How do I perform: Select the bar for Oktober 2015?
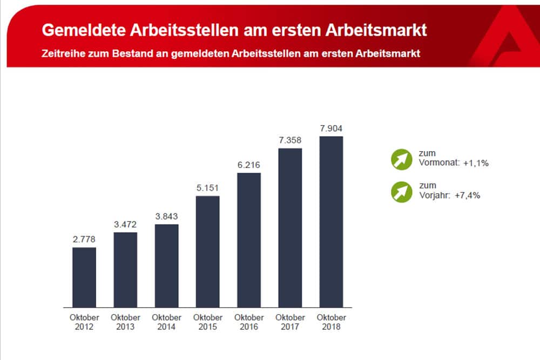click(207, 252)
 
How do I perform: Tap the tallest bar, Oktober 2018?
click(331, 222)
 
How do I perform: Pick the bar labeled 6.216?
click(249, 240)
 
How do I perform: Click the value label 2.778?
click(84, 239)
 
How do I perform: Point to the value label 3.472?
click(125, 224)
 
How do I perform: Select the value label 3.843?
click(166, 216)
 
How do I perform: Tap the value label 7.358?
click(290, 139)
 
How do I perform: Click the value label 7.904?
click(331, 128)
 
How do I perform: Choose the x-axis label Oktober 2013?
click(125, 322)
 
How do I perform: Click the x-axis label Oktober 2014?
click(166, 322)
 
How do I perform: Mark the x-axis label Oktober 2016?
click(249, 322)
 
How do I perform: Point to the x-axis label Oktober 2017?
click(290, 322)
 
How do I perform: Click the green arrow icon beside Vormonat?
click(402, 159)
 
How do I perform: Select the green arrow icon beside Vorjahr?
click(402, 192)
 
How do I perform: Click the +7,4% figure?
click(467, 195)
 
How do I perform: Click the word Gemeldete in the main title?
click(83, 30)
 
